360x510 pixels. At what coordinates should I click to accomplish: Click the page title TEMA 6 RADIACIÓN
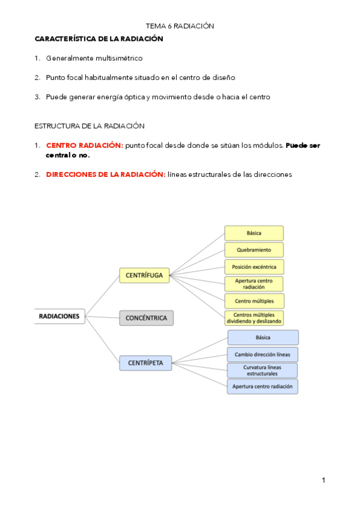coord(180,26)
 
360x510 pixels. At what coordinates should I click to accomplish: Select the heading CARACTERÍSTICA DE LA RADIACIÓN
coord(99,38)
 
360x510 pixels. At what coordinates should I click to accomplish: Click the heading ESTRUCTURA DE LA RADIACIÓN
coord(89,126)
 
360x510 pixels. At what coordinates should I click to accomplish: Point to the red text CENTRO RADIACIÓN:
coord(84,145)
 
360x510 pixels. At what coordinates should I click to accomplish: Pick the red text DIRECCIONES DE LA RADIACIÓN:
coord(105,174)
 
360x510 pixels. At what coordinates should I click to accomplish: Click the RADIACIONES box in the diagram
coord(59,315)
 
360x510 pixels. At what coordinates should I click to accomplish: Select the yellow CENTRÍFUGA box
coord(145,275)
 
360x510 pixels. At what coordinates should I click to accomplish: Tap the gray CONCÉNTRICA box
coord(146,318)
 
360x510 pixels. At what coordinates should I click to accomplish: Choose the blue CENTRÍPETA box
coord(145,362)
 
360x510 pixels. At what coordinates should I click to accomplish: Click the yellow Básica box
coord(254,233)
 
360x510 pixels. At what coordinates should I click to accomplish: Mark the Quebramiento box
coord(254,250)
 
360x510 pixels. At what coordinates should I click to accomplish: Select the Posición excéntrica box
coord(254,266)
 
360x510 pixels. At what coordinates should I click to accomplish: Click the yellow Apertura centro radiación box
coord(254,284)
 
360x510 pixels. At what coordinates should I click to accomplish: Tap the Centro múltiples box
coord(254,301)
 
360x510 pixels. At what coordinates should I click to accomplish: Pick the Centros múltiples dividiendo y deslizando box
coord(254,318)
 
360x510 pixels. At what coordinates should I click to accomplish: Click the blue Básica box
coord(263,337)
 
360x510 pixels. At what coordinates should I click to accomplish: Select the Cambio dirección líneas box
coord(263,354)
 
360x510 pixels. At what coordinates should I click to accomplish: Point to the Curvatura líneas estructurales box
coord(263,370)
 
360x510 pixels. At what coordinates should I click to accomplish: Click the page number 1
coord(323,480)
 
